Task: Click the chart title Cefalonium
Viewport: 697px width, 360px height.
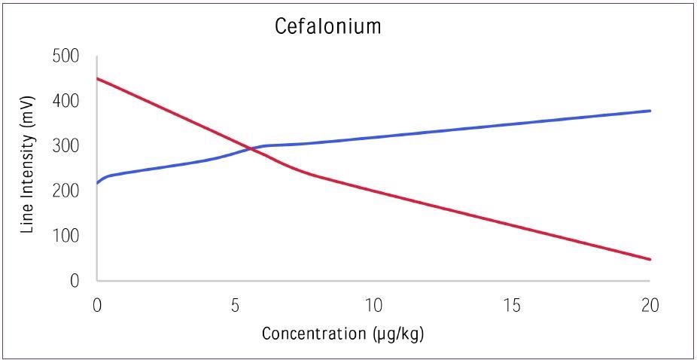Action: [327, 27]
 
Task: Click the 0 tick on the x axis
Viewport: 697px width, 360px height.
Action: [97, 306]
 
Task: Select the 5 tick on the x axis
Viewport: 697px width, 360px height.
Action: [235, 306]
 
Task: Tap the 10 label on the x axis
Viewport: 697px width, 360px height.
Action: [373, 306]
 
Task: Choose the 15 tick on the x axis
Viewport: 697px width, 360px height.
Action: [512, 306]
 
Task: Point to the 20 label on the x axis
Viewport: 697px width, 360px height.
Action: [650, 306]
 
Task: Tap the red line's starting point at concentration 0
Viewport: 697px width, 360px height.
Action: [98, 78]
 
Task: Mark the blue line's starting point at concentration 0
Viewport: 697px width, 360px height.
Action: [98, 183]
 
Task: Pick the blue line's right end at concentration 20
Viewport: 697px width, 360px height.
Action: [650, 111]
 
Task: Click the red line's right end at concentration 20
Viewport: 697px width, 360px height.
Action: [650, 260]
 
